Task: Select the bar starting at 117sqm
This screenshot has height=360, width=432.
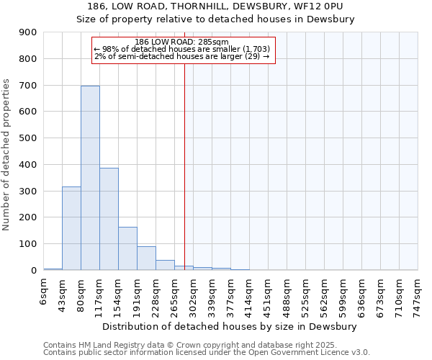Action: pos(109,219)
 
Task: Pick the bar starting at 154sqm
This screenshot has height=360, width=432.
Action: pos(127,248)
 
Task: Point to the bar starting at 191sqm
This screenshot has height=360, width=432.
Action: pos(146,258)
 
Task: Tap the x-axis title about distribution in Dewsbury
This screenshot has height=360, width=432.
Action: pos(230,326)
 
